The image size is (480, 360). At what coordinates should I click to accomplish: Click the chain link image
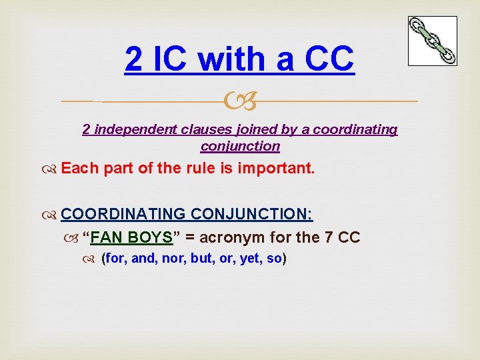coord(433,41)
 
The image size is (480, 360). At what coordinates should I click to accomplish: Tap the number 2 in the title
coord(133,59)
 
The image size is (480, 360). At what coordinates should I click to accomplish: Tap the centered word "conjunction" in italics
coord(240,145)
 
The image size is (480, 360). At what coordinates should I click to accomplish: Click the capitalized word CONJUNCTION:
coord(252,214)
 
